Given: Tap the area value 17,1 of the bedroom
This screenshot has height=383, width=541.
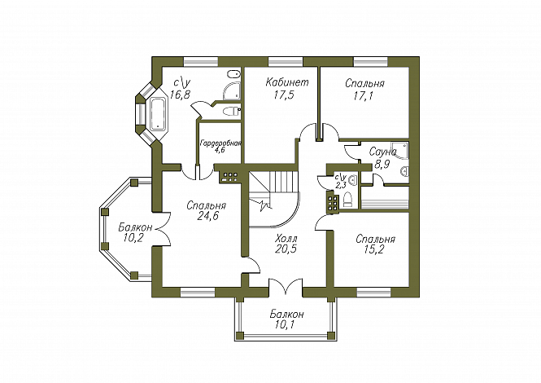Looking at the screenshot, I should pos(364,95).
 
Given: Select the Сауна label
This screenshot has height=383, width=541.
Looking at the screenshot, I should pos(382,152).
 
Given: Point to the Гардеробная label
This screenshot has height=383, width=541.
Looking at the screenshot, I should pos(220,142).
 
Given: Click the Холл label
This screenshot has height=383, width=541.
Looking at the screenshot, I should pos(286,237).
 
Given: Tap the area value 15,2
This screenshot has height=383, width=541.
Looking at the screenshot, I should pos(375,250).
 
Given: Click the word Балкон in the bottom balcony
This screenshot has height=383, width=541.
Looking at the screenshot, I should pos(287,315).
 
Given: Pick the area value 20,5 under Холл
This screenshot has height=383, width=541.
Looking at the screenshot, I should pos(285,249).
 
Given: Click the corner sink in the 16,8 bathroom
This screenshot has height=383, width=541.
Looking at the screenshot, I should pos(233,78).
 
